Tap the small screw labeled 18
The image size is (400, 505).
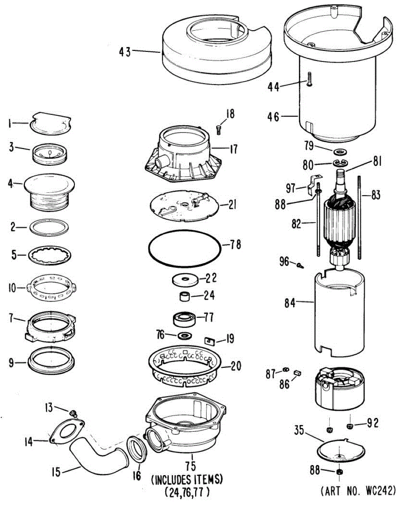(x=219, y=129)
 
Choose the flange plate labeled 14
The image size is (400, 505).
(x=67, y=432)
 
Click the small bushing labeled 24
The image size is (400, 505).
(x=184, y=297)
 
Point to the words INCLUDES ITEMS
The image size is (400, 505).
(x=187, y=479)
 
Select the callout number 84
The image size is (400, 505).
(x=290, y=302)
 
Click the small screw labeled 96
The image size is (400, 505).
(x=299, y=266)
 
